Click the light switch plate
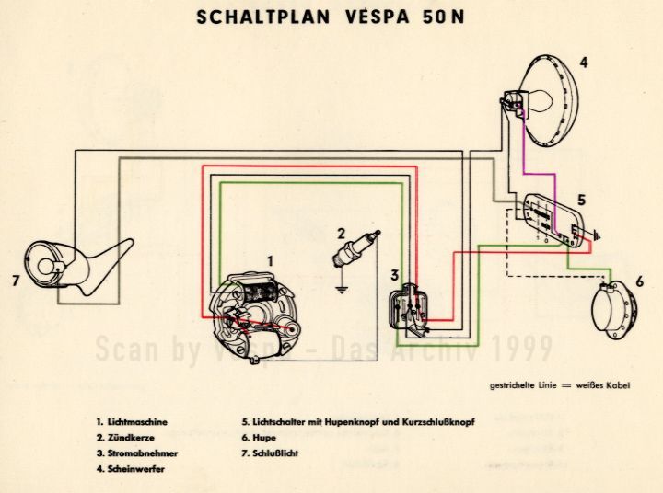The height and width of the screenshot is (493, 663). coord(552,222)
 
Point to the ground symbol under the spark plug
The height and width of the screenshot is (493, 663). coord(343,293)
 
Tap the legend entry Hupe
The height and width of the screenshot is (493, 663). coord(262,438)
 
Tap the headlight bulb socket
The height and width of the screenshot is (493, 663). coord(511,101)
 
